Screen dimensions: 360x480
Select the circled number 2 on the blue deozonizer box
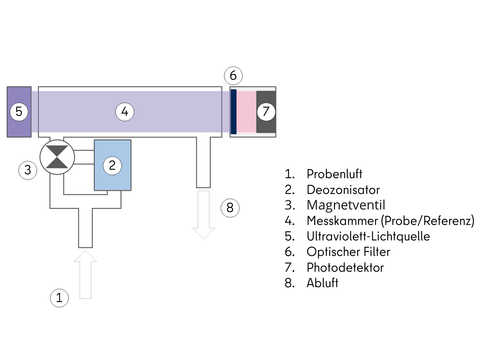tap(112, 164)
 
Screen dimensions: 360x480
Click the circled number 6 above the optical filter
tap(232, 75)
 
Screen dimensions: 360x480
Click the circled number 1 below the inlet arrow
tap(59, 297)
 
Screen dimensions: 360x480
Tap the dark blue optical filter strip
tap(233, 110)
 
